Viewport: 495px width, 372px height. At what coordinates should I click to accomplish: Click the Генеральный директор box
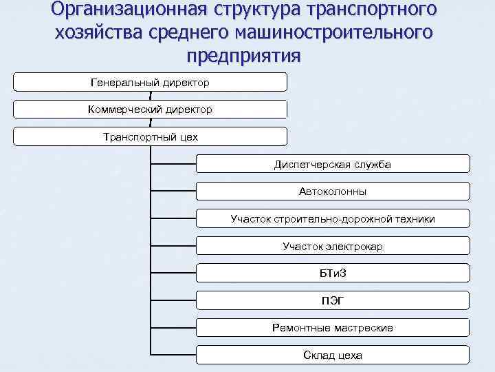[x=150, y=83]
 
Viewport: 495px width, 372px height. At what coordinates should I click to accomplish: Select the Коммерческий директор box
[x=150, y=110]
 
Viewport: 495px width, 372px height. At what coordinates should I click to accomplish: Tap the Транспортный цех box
[x=150, y=136]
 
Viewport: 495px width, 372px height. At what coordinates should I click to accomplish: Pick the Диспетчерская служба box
[x=333, y=164]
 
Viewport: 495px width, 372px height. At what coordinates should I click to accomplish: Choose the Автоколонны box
[x=333, y=192]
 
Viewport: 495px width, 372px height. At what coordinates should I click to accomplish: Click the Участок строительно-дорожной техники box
[x=333, y=219]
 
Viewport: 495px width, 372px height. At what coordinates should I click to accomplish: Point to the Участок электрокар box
[x=333, y=246]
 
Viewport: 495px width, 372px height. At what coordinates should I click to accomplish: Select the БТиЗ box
[x=333, y=273]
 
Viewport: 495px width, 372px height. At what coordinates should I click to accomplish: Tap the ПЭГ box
[x=333, y=300]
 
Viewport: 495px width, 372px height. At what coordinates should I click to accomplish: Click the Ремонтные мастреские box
[x=333, y=328]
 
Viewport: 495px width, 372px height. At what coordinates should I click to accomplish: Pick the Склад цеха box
[x=333, y=355]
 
